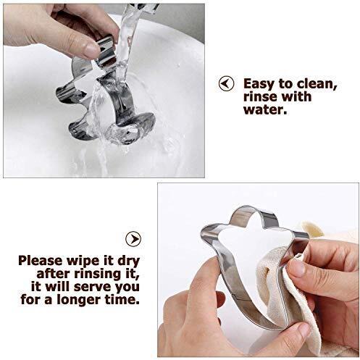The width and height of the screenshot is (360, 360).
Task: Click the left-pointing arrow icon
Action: click(x=226, y=83)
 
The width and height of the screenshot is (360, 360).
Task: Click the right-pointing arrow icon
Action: click(x=133, y=239)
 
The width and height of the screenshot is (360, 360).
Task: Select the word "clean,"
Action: click(x=317, y=84)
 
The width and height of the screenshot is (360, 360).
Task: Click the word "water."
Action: click(x=265, y=109)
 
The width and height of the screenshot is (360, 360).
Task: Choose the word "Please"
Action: click(x=41, y=261)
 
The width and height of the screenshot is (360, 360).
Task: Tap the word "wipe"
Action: click(x=80, y=261)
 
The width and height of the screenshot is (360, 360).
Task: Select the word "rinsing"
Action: click(x=101, y=275)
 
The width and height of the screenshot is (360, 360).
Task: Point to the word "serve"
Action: click(x=93, y=288)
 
